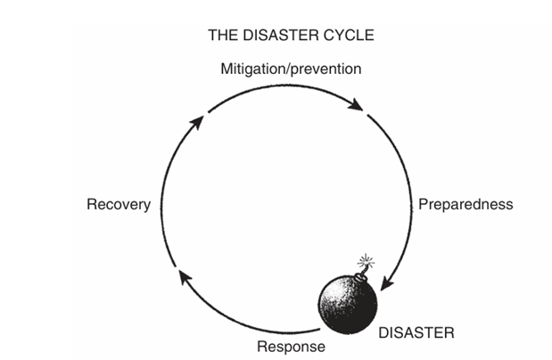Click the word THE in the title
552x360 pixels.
tap(222, 37)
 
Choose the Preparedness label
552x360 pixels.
tap(465, 204)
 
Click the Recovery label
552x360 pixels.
tap(118, 205)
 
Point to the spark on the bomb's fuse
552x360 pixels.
tap(364, 262)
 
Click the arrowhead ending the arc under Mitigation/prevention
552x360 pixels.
tap(357, 106)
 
